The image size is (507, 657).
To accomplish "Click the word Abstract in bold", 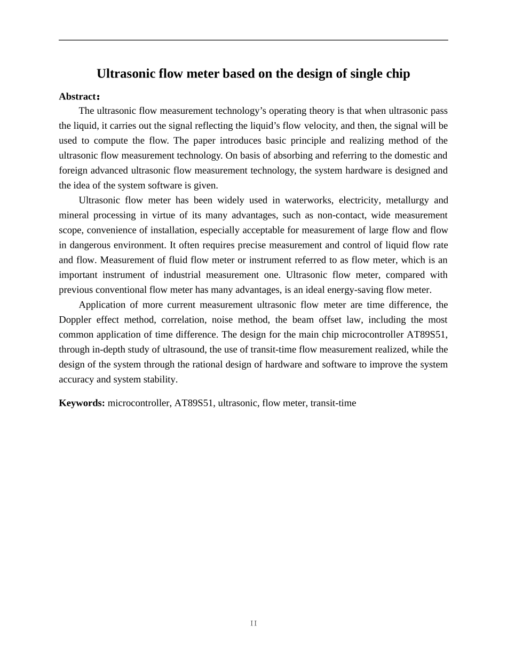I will pos(77,97).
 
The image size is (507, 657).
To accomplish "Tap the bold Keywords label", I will pos(82,403).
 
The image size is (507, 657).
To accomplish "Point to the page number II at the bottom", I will pos(253,623).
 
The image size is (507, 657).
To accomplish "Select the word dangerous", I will pos(90,245).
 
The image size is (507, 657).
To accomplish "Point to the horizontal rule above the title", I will pos(253,40).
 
